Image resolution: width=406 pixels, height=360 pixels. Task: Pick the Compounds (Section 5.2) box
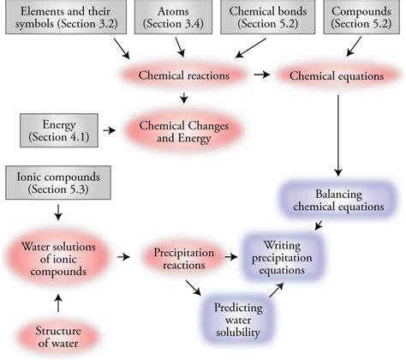(x=361, y=18)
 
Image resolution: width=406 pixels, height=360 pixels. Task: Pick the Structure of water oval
(x=57, y=334)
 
